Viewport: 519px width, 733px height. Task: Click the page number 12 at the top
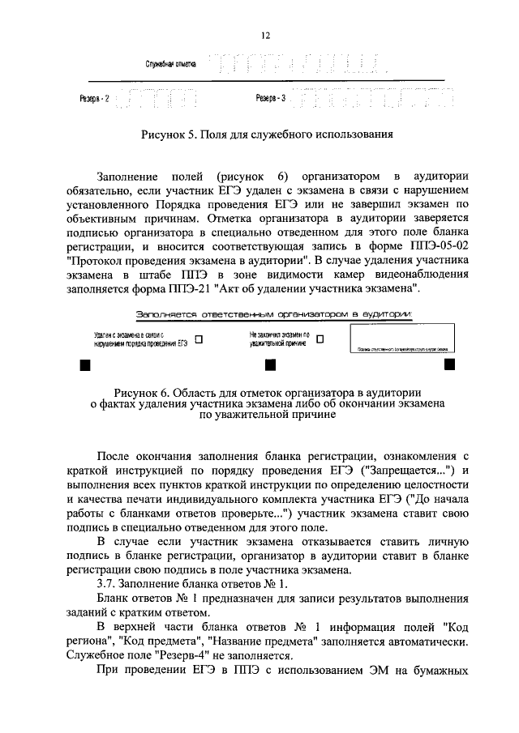pyautogui.click(x=264, y=35)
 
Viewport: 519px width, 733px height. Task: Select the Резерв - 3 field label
pyautogui.click(x=271, y=99)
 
